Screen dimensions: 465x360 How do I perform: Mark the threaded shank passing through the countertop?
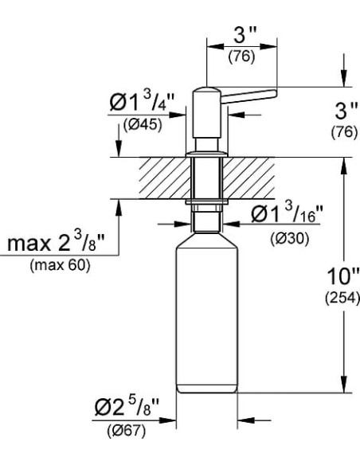pyautogui.click(x=206, y=178)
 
